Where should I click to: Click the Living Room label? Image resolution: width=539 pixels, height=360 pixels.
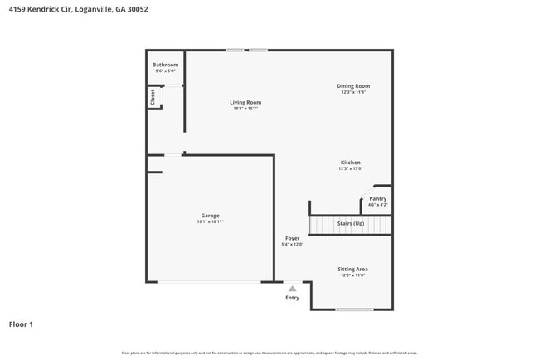pyautogui.click(x=245, y=102)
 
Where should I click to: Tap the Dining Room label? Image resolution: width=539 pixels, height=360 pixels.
pyautogui.click(x=353, y=86)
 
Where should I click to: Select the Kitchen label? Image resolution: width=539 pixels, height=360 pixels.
pyautogui.click(x=350, y=163)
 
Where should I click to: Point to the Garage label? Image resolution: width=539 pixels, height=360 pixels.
pyautogui.click(x=210, y=216)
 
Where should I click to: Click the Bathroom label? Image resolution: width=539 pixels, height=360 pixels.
pyautogui.click(x=165, y=65)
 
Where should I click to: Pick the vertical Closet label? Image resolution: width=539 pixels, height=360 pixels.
pyautogui.click(x=153, y=97)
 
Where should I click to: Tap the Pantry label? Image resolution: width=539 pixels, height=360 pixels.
pyautogui.click(x=377, y=199)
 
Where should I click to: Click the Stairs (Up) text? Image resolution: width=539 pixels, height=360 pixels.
pyautogui.click(x=350, y=224)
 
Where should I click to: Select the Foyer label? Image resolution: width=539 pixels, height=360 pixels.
pyautogui.click(x=293, y=238)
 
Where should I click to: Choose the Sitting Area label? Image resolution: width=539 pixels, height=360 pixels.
pyautogui.click(x=352, y=269)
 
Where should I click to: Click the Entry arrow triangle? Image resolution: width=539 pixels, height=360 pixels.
pyautogui.click(x=292, y=289)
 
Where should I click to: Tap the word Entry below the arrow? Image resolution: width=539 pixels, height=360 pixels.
pyautogui.click(x=292, y=298)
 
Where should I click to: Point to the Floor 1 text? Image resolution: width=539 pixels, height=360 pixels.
pyautogui.click(x=21, y=324)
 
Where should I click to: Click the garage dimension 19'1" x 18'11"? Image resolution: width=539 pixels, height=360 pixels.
pyautogui.click(x=210, y=221)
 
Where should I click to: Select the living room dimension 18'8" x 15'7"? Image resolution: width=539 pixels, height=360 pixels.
pyautogui.click(x=245, y=109)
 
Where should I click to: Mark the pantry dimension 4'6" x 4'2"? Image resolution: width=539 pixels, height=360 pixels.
pyautogui.click(x=377, y=205)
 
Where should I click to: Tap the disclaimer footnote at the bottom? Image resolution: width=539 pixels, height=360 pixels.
pyautogui.click(x=269, y=353)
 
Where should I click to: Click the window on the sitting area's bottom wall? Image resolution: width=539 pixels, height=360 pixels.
pyautogui.click(x=354, y=310)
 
